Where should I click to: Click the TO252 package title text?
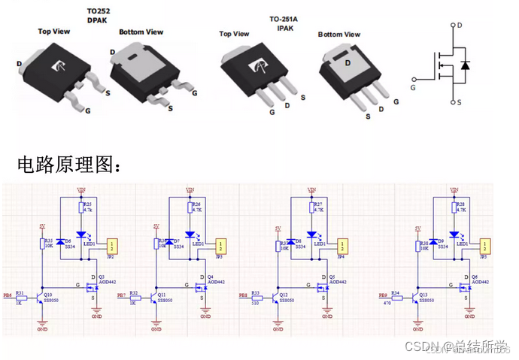[x=99, y=12]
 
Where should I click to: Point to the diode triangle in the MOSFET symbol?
[x=465, y=65]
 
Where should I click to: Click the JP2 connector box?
[x=112, y=245]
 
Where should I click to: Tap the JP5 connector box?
[x=486, y=245]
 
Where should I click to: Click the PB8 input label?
[x=243, y=296]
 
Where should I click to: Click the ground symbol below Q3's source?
[x=96, y=310]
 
